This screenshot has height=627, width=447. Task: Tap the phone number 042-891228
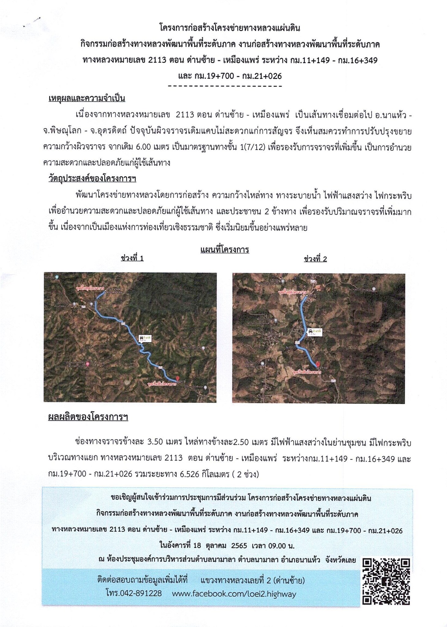134,593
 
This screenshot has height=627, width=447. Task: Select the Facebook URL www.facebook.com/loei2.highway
234,594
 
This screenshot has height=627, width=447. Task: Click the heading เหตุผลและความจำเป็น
87,99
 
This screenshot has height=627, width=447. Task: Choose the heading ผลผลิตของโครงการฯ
88,417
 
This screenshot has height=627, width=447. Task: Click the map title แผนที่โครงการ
224,250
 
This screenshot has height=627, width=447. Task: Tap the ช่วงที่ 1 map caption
132,258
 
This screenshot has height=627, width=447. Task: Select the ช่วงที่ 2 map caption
315,259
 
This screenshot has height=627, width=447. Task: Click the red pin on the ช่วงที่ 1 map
178,378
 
